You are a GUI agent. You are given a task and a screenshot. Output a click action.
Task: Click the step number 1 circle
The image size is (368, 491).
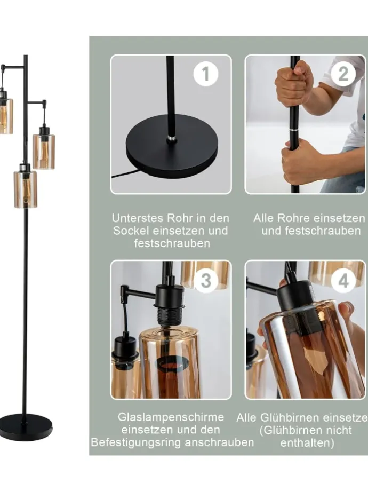(x=205, y=74)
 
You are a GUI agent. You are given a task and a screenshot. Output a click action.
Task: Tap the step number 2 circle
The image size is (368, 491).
(x=343, y=74)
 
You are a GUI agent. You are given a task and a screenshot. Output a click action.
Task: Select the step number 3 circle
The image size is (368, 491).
(x=205, y=280)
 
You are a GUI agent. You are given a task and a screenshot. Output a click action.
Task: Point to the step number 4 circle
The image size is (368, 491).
(x=343, y=280)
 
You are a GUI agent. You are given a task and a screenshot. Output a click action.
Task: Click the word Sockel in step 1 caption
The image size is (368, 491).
(x=131, y=231)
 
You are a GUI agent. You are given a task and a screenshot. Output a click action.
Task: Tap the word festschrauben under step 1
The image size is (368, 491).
(x=172, y=243)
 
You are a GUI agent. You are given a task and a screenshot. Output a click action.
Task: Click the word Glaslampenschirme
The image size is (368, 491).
(x=171, y=417)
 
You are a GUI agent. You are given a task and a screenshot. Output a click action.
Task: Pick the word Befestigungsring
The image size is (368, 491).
(x=136, y=442)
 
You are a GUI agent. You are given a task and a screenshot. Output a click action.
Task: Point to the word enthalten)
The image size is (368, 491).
(x=307, y=443)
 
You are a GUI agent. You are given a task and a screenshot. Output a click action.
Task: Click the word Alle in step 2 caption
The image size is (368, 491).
(x=263, y=218)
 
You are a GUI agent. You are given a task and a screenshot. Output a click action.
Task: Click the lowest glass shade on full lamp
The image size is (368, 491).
(x=25, y=189)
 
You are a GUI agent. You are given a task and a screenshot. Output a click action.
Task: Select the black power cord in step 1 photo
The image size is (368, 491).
(x=127, y=173)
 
